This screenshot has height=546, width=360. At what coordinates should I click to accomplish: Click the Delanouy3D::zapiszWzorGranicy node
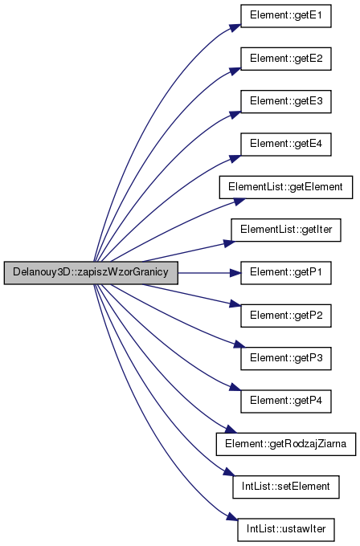91,273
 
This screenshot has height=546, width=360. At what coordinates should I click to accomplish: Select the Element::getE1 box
286,16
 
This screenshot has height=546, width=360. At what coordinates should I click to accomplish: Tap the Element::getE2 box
286,59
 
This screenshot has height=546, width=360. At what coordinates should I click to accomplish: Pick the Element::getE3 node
286,101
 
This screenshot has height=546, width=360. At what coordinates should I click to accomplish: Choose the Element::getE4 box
286,145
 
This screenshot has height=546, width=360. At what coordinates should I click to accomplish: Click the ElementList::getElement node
286,187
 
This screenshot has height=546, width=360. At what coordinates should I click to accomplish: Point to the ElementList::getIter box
286,230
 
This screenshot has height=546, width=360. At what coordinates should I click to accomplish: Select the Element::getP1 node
286,273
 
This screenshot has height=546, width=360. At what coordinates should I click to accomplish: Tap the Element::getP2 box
286,316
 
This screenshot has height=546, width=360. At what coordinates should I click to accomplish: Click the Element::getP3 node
286,358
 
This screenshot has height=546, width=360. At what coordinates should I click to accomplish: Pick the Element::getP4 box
286,401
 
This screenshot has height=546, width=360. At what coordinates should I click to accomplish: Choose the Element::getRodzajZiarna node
286,444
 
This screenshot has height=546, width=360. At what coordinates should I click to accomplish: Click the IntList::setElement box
286,487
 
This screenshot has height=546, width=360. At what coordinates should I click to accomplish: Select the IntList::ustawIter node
286,530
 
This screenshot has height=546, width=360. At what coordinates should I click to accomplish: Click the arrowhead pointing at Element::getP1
235,273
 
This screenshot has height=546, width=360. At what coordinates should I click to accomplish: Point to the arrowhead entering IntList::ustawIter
232,517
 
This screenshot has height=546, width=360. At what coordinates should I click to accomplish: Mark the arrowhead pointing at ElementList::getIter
229,243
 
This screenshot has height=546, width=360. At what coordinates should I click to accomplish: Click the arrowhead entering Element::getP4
235,387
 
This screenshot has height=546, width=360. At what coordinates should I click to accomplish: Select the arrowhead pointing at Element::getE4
235,158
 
